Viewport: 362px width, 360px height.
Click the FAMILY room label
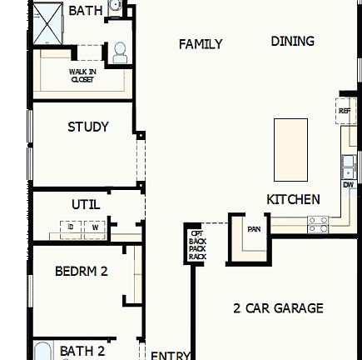201,44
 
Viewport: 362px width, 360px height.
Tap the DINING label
292,41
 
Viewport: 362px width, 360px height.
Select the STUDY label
88,127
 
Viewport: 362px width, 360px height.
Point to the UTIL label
86,203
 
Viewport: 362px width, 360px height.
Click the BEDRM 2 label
82,271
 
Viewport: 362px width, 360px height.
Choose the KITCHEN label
293,199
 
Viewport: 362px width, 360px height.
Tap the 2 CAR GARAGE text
278,308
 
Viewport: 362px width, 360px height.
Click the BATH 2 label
82,351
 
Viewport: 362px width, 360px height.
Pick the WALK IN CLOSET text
82,75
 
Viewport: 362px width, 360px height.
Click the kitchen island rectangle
290,150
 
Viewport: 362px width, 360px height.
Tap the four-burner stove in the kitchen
318,224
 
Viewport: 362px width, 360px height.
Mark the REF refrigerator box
345,110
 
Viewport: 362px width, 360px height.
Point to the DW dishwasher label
349,184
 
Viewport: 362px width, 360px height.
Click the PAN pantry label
253,228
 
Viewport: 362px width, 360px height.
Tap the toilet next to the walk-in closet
120,52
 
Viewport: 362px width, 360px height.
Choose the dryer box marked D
71,227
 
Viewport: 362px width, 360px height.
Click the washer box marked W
94,227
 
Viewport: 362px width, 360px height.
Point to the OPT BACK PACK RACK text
196,245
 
